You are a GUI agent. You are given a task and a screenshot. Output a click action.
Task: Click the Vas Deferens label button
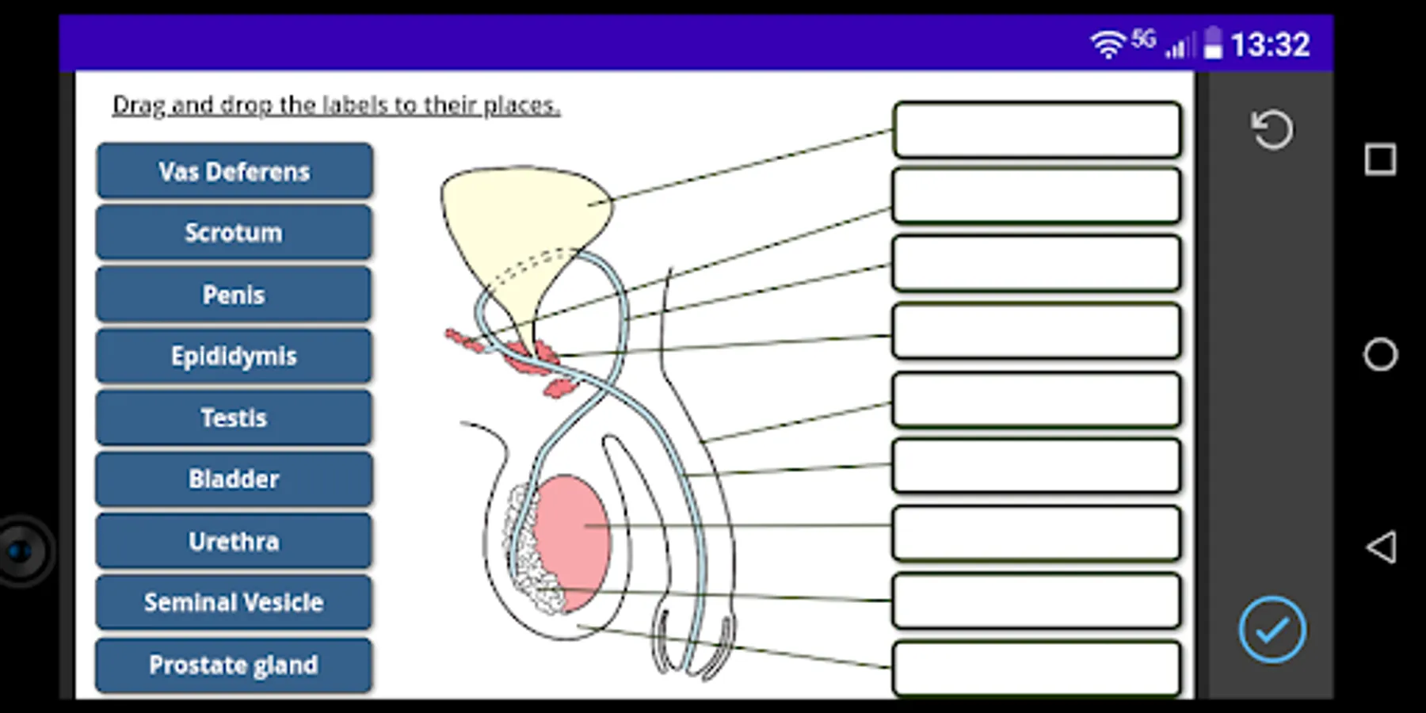click(x=234, y=171)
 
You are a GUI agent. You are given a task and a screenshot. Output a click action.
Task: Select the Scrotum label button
click(x=234, y=232)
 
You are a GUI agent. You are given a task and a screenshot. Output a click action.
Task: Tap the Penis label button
click(x=234, y=294)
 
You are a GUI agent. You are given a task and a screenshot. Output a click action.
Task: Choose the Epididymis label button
click(x=234, y=356)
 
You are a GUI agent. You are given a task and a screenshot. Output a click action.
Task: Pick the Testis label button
click(x=234, y=418)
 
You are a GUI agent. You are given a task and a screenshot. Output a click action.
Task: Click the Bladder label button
click(x=234, y=479)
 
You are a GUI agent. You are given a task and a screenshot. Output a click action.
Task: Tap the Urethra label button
click(x=234, y=541)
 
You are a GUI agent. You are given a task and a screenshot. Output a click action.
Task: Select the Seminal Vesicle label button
click(x=234, y=603)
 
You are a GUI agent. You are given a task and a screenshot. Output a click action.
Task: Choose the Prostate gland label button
click(x=234, y=665)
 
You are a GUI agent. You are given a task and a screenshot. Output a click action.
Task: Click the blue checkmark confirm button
click(x=1272, y=630)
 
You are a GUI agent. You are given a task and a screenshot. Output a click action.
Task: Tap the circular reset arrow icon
click(x=1272, y=129)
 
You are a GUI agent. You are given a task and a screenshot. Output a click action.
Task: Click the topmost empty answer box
click(x=1037, y=129)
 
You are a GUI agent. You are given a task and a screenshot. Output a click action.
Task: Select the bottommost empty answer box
click(x=1037, y=669)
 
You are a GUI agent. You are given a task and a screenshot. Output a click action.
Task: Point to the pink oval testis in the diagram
click(x=572, y=542)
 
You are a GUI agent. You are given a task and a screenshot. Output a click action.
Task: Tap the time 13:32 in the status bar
click(x=1270, y=44)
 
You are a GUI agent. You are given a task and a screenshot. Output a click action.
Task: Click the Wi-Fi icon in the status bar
click(x=1108, y=44)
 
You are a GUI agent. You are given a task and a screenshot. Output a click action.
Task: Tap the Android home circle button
click(x=1380, y=354)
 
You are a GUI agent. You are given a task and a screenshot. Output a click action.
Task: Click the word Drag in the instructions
click(x=139, y=105)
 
